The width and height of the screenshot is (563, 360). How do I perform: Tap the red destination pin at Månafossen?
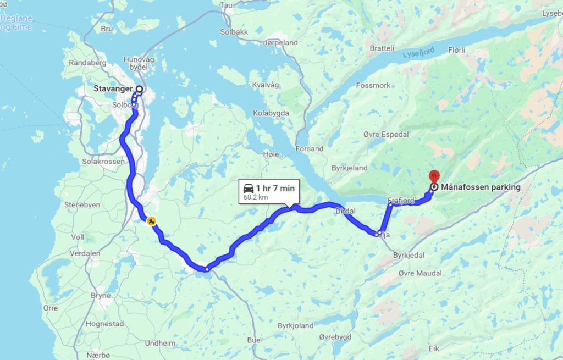(433, 176)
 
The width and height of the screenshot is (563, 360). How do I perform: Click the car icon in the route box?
(249, 189)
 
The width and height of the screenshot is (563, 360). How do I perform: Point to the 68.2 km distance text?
(256, 197)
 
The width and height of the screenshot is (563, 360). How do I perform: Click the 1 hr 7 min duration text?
(275, 189)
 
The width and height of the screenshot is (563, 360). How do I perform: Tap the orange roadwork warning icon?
(150, 221)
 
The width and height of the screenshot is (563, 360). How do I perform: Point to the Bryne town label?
(101, 296)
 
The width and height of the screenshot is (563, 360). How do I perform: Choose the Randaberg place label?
(87, 63)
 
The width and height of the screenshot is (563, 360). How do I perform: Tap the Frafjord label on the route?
(400, 201)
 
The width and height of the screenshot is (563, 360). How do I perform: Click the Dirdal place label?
(345, 211)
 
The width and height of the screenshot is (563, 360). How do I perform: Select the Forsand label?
(309, 149)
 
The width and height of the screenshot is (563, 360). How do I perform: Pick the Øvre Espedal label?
(386, 135)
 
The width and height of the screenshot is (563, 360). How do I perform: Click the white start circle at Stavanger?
(139, 89)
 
